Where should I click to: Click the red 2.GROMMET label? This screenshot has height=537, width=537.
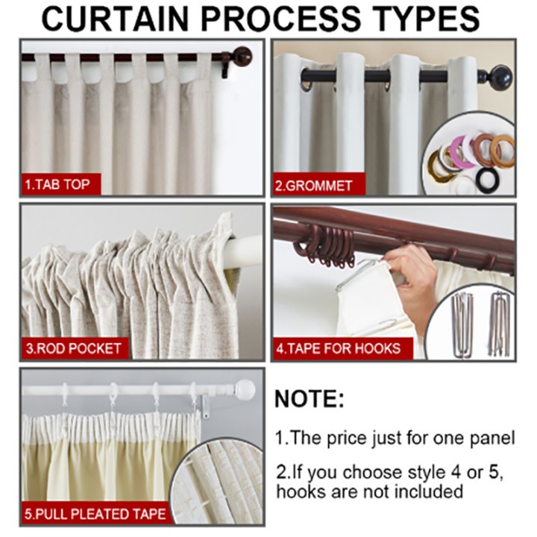314,185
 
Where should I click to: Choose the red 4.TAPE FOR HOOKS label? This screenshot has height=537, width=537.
339,348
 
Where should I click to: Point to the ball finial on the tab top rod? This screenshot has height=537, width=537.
242,56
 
